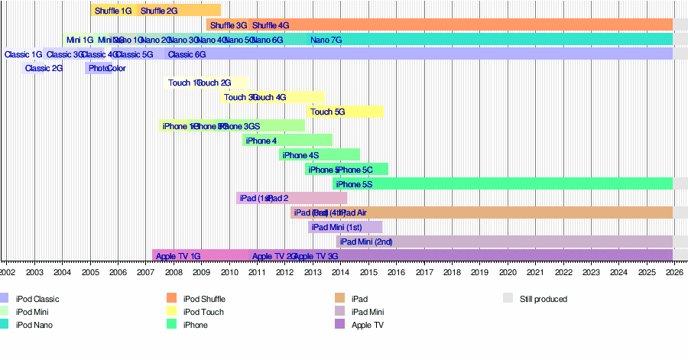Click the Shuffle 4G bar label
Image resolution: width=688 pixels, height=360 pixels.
click(x=271, y=25)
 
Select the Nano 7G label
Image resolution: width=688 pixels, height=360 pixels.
click(x=326, y=40)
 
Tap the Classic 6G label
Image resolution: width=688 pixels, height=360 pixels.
click(x=187, y=54)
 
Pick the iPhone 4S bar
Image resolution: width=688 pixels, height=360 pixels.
click(x=320, y=155)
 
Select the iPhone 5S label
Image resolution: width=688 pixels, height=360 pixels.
click(x=354, y=184)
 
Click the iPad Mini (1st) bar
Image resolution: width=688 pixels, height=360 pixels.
click(x=345, y=227)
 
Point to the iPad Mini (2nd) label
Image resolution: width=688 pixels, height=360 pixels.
click(x=366, y=242)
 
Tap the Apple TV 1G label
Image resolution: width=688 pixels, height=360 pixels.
click(x=177, y=256)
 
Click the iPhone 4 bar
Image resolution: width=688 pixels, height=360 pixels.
click(x=287, y=141)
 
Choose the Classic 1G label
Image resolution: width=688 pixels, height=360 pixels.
click(x=23, y=54)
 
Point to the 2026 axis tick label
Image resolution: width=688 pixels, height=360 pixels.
click(x=673, y=271)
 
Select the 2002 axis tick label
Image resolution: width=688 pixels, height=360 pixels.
click(x=7, y=271)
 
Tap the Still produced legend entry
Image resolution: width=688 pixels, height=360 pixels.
click(x=543, y=299)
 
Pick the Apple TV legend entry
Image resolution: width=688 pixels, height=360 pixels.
click(x=367, y=325)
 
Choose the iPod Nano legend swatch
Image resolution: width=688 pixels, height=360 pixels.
click(x=5, y=324)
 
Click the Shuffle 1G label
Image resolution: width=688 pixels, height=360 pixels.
click(x=113, y=11)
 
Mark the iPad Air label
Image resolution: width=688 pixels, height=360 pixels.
click(x=352, y=212)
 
